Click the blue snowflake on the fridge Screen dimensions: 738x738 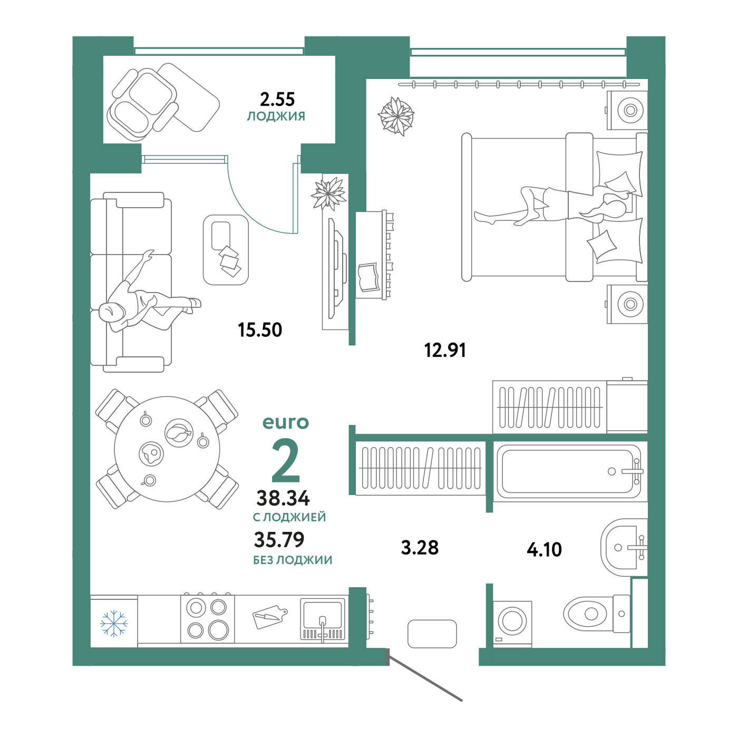114,624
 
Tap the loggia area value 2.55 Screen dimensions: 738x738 277,100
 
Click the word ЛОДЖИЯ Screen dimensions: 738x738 276,116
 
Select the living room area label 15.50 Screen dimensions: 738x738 260,330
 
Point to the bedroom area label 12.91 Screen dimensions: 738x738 445,351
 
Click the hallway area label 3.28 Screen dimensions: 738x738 420,548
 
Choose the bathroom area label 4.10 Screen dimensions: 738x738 544,550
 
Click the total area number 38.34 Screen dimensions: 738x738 283,498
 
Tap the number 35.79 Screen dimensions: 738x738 279,540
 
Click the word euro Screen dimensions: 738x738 286,422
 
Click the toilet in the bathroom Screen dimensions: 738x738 596,614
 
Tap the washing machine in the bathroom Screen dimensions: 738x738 512,624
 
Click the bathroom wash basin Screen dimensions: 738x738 624,548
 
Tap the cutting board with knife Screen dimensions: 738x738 269,617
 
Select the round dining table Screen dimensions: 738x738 167,449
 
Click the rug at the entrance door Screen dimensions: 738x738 432,634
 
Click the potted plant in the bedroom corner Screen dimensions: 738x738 396,116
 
